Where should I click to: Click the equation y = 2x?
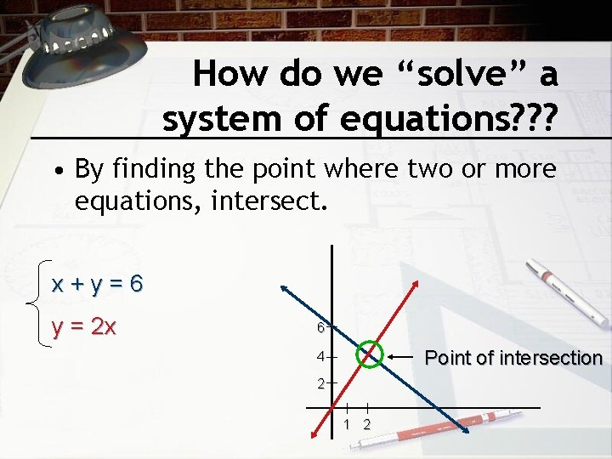point(84,326)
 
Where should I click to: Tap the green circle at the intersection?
point(370,353)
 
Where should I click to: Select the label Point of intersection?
point(513,358)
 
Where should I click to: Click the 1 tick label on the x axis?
point(348,424)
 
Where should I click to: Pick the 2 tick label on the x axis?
point(367,424)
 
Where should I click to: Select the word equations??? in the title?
point(450,119)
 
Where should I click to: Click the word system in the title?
point(215,119)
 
